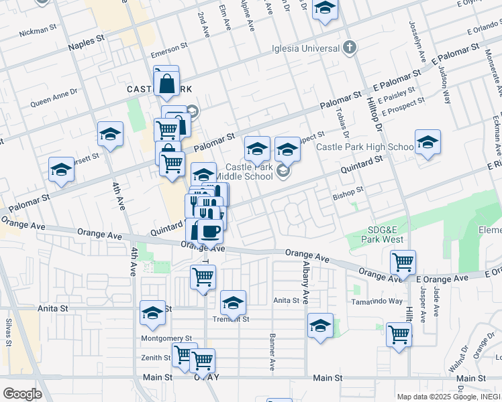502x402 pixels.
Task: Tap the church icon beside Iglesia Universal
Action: tap(348, 47)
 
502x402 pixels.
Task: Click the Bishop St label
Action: tap(348, 194)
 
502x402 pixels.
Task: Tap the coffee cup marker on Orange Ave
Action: tap(209, 231)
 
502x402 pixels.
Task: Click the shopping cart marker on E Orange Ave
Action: tap(403, 262)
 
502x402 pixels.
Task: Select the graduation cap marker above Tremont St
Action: tap(234, 303)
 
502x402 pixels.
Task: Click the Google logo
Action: tap(22, 393)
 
